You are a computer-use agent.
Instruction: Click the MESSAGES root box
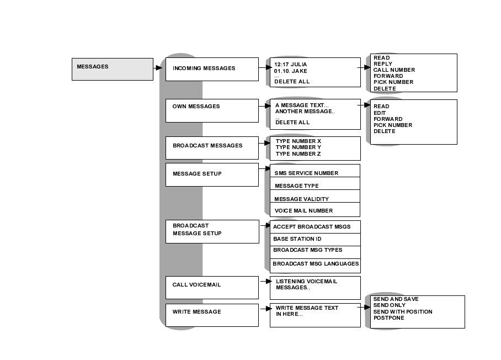pos(112,69)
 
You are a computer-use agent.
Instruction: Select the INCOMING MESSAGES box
pos(212,69)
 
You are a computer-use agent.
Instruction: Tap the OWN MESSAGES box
pos(212,110)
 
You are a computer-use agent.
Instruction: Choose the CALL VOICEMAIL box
pos(212,287)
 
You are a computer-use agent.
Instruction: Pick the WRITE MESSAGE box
pos(212,315)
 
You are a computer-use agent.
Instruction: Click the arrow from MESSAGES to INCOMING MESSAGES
pos(158,68)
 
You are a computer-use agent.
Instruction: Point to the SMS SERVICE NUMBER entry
pos(306,173)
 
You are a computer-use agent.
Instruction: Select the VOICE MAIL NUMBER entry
pos(303,210)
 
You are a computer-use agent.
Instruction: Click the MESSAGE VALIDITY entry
pos(301,199)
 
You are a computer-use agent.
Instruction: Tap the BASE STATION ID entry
pos(297,239)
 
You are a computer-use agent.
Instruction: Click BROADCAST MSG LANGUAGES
pos(316,264)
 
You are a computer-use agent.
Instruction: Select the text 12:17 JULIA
pos(290,64)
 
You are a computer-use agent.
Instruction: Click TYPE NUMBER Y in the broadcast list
pos(298,147)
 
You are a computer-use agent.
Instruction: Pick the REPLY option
pos(383,64)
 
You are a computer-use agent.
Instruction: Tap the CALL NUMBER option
pos(394,70)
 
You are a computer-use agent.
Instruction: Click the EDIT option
pos(380,113)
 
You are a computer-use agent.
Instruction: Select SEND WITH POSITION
pos(403,311)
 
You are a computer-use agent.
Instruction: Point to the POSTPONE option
pos(388,318)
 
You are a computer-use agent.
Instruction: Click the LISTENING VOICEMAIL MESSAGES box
pos(315,288)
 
